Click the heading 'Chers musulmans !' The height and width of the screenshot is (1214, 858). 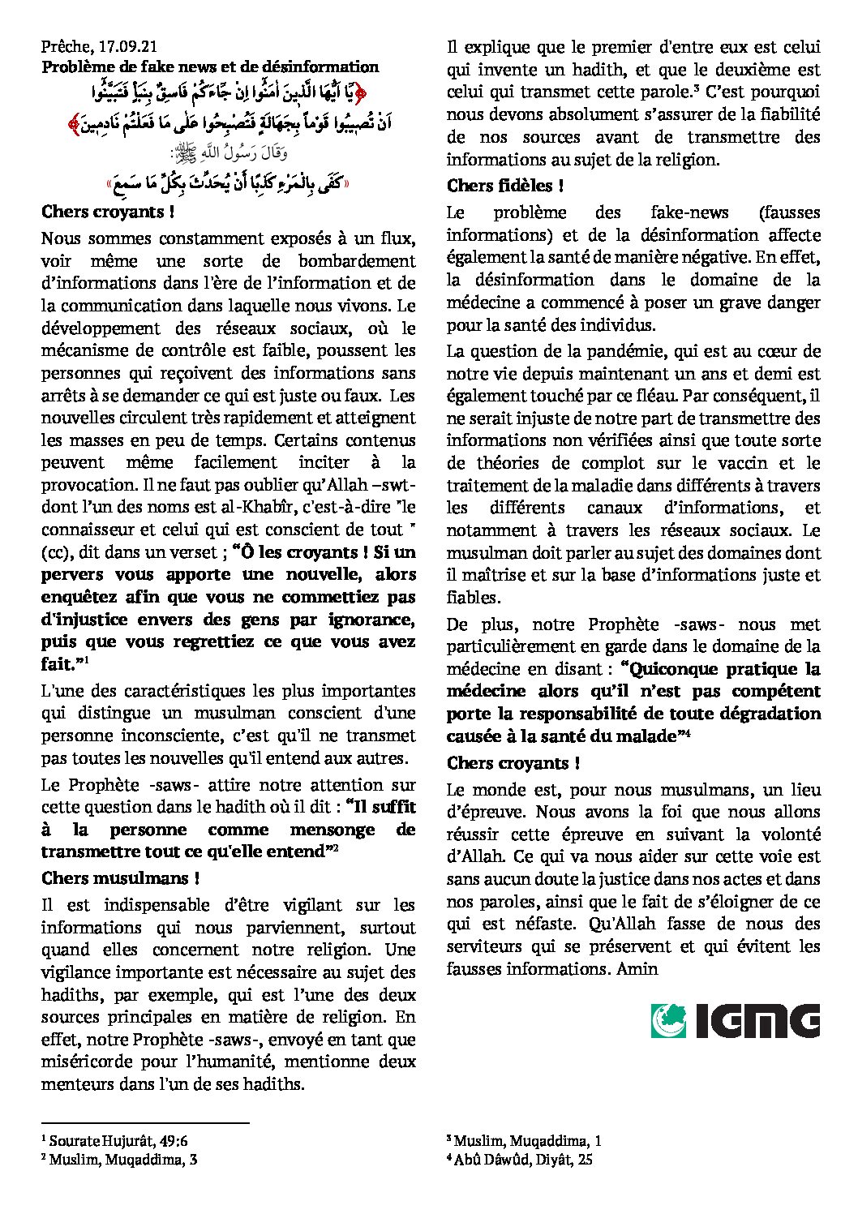(x=121, y=878)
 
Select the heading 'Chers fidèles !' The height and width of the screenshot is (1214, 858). (x=505, y=186)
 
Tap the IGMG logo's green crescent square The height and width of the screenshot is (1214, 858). (x=668, y=1021)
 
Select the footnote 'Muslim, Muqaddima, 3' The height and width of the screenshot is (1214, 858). (x=123, y=1160)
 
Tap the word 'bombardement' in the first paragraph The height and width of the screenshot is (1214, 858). (x=357, y=261)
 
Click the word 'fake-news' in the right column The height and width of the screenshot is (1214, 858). (x=689, y=212)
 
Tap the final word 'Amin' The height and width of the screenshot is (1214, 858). (x=637, y=968)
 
